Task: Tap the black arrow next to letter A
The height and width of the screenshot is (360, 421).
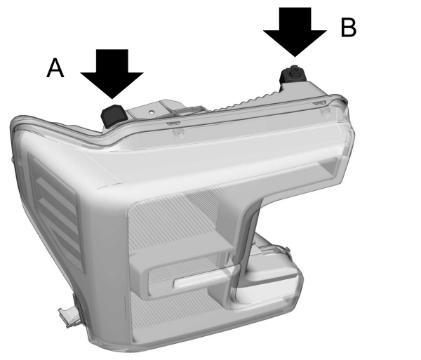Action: click(x=112, y=74)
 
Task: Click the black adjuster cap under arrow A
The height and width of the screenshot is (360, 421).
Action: click(x=114, y=113)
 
